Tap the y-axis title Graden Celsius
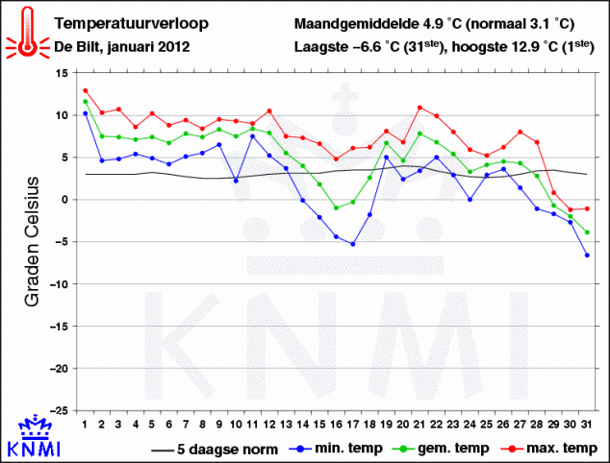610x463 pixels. [x=32, y=241]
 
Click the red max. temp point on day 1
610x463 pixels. [x=86, y=90]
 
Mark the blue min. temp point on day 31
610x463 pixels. [x=586, y=255]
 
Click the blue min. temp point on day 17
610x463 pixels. [x=353, y=244]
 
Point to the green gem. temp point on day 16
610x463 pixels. [x=336, y=207]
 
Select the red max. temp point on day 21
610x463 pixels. [x=419, y=108]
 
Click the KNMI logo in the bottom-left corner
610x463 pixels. [x=34, y=438]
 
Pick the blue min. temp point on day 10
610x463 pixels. [x=236, y=181]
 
